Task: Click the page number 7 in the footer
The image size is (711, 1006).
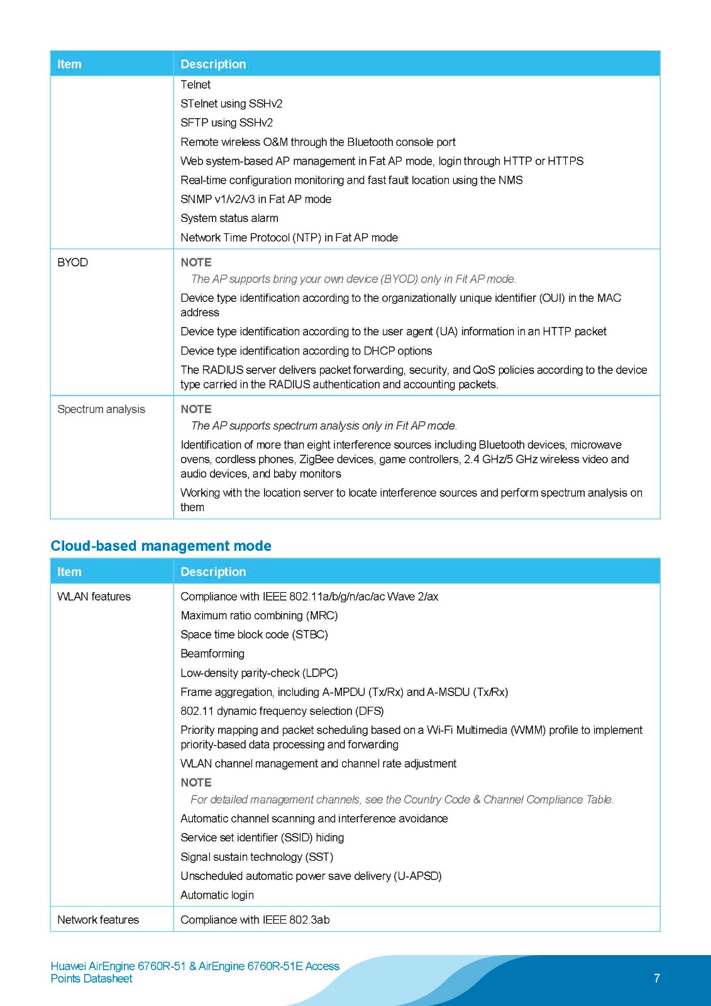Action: pyautogui.click(x=657, y=978)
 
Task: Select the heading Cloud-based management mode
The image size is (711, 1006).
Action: pyautogui.click(x=161, y=546)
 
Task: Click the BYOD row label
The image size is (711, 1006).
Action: pyautogui.click(x=73, y=262)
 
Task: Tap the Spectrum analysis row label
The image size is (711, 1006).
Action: pyautogui.click(x=101, y=409)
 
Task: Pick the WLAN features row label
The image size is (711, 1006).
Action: pyautogui.click(x=94, y=597)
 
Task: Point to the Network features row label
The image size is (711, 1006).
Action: pyautogui.click(x=98, y=920)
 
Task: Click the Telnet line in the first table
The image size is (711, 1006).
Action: pyautogui.click(x=196, y=84)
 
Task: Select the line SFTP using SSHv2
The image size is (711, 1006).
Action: pyautogui.click(x=226, y=123)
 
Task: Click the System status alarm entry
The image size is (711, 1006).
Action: pyautogui.click(x=229, y=218)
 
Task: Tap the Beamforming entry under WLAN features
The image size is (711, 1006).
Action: pyautogui.click(x=212, y=654)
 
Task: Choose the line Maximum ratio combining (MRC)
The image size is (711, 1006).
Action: pyautogui.click(x=259, y=616)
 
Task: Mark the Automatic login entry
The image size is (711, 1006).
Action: pyautogui.click(x=218, y=895)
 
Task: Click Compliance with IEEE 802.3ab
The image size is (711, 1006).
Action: pyautogui.click(x=255, y=920)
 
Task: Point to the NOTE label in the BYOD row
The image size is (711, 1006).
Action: pyautogui.click(x=196, y=262)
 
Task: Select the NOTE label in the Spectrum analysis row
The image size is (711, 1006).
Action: pyautogui.click(x=196, y=409)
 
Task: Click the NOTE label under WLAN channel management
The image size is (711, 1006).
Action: pyautogui.click(x=196, y=783)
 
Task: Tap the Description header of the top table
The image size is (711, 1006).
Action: pyautogui.click(x=213, y=64)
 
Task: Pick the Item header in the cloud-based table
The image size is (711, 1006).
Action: pyautogui.click(x=69, y=572)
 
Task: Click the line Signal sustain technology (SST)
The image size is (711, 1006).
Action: pyautogui.click(x=256, y=857)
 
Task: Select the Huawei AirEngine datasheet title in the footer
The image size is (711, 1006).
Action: pyautogui.click(x=195, y=972)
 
